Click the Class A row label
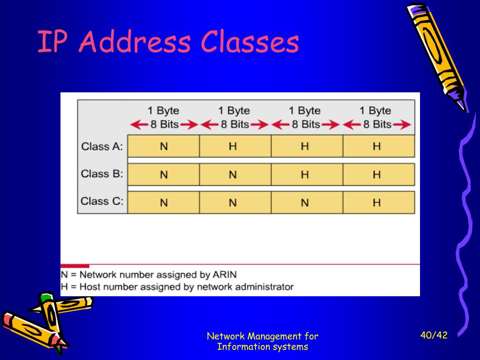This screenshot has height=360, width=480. (102, 146)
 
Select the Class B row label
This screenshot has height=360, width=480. (102, 174)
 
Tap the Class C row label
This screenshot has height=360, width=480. (102, 202)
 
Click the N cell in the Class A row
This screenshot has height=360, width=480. (164, 146)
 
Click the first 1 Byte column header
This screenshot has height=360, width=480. (163, 111)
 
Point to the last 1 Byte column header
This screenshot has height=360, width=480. (375, 111)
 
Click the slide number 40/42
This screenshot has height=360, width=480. (434, 335)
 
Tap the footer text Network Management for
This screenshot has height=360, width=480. (262, 336)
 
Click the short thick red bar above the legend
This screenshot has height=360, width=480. (75, 266)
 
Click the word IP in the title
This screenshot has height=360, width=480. (49, 42)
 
